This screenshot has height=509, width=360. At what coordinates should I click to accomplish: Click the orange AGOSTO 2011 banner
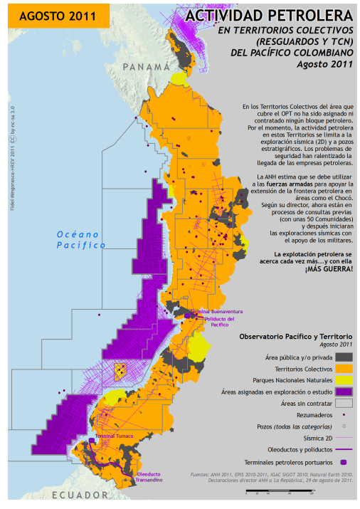click(x=55, y=15)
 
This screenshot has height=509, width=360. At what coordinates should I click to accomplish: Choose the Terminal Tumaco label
click(x=115, y=436)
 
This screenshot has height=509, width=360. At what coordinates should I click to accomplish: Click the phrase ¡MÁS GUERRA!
click(x=328, y=269)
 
